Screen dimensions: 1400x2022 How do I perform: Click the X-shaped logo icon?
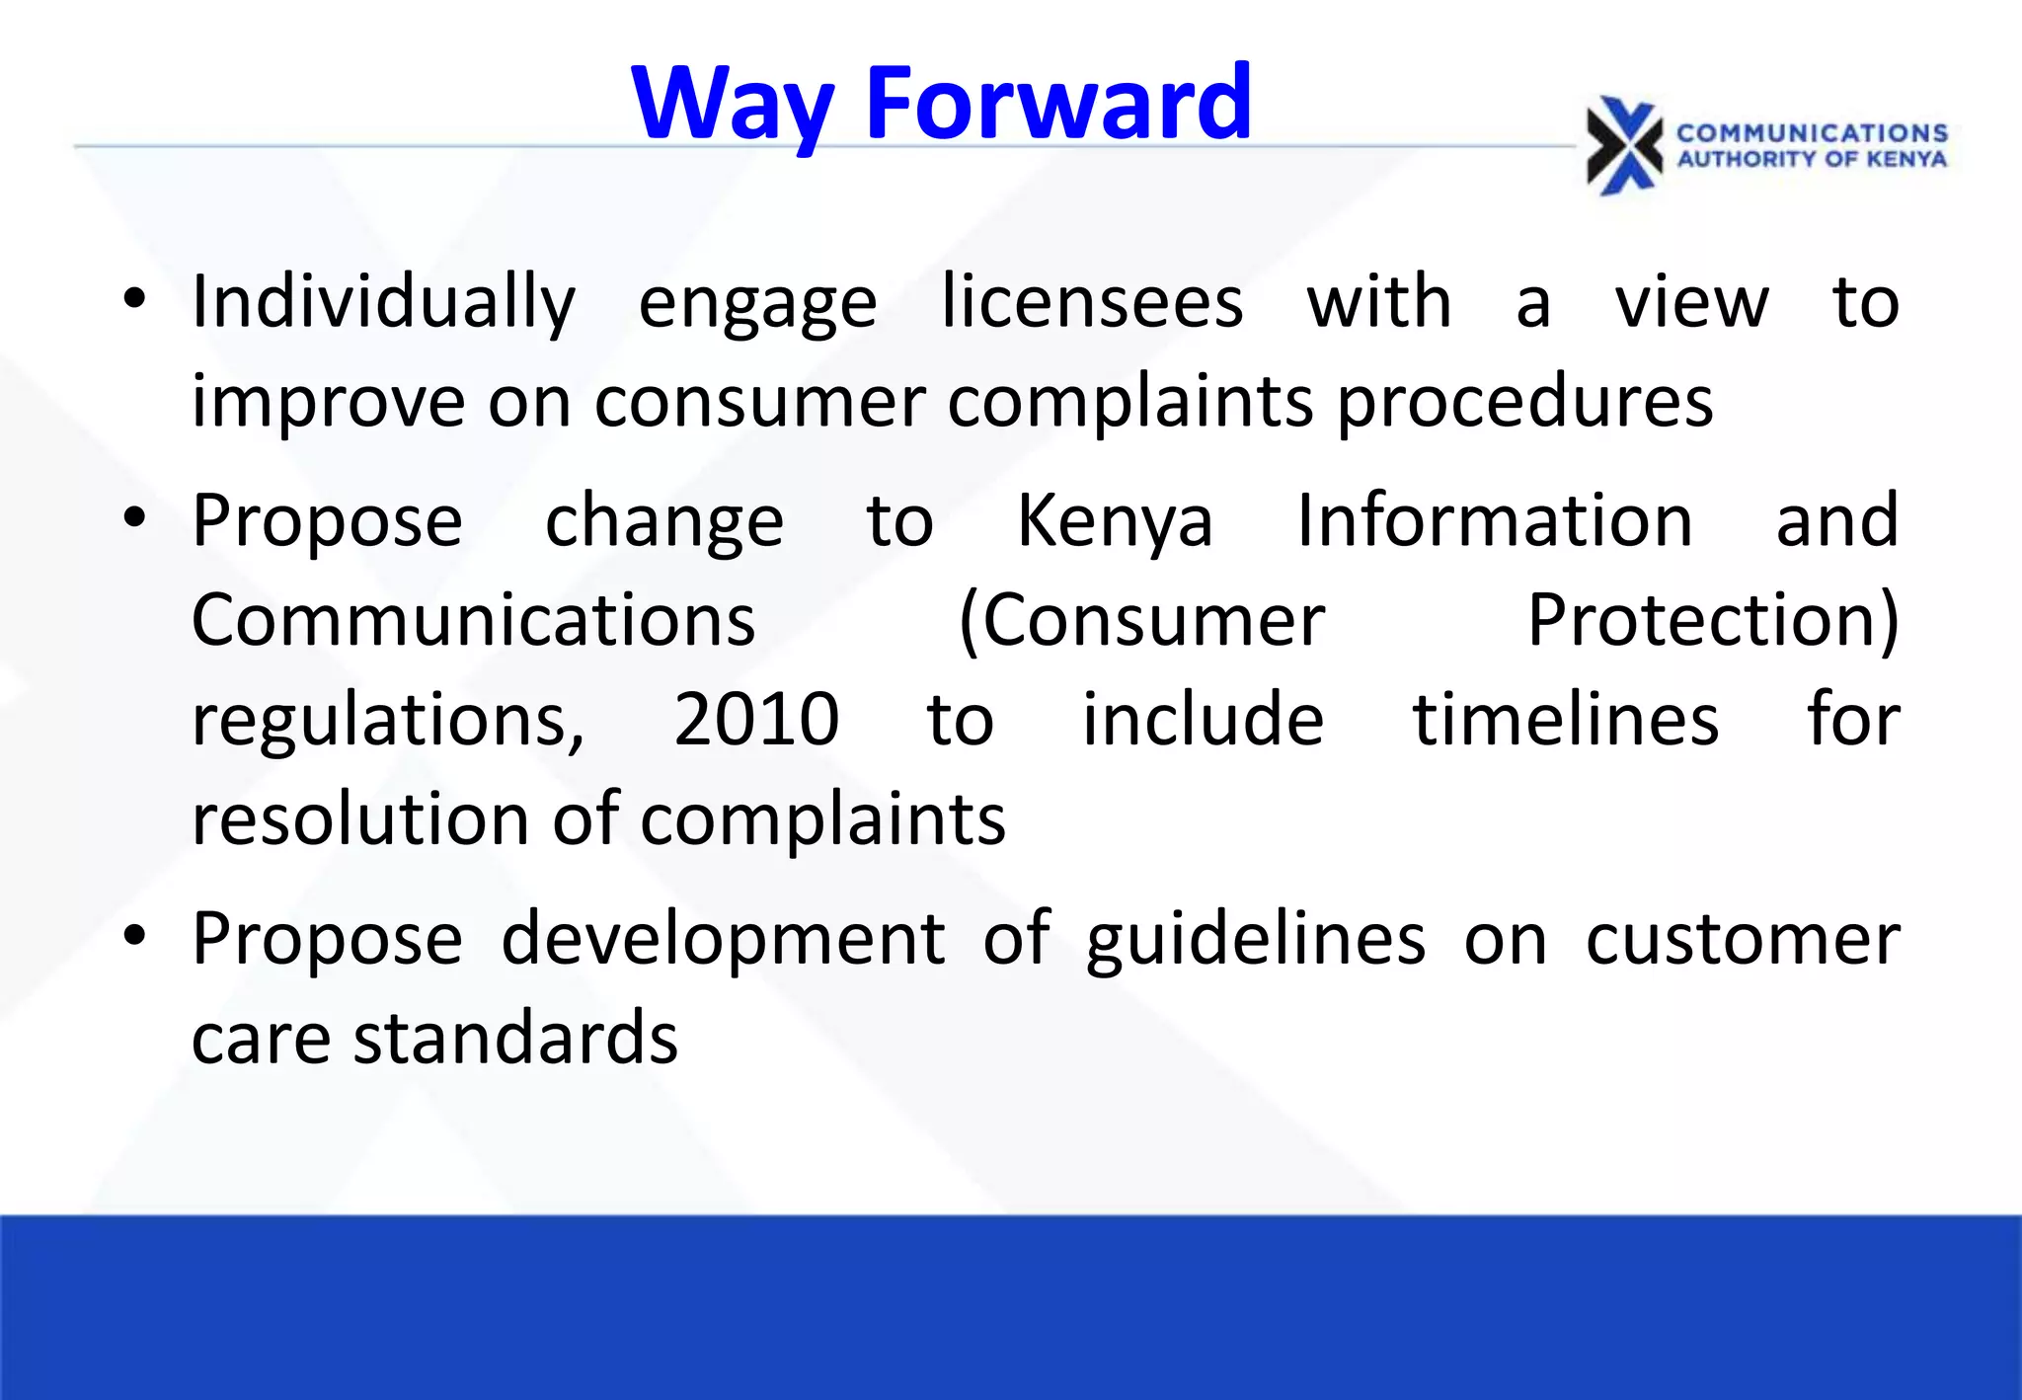point(1624,146)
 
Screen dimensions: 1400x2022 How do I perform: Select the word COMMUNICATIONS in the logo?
point(1812,133)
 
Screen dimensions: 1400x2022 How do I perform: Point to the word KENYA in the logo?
point(1906,160)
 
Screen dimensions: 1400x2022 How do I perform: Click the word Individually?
point(383,302)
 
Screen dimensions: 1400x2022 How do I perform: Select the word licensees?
point(1092,302)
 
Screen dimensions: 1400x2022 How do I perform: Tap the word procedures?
point(1524,403)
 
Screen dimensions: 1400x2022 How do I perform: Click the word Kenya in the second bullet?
point(1115,521)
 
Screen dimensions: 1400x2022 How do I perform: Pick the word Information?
point(1495,521)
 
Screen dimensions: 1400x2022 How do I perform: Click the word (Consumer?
point(1141,621)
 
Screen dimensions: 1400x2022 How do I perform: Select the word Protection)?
point(1713,621)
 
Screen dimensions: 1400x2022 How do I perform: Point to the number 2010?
point(756,720)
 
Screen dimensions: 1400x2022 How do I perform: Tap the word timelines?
point(1566,720)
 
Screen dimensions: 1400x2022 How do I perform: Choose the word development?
point(723,939)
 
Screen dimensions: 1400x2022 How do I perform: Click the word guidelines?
point(1256,939)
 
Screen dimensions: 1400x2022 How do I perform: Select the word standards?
point(515,1039)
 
